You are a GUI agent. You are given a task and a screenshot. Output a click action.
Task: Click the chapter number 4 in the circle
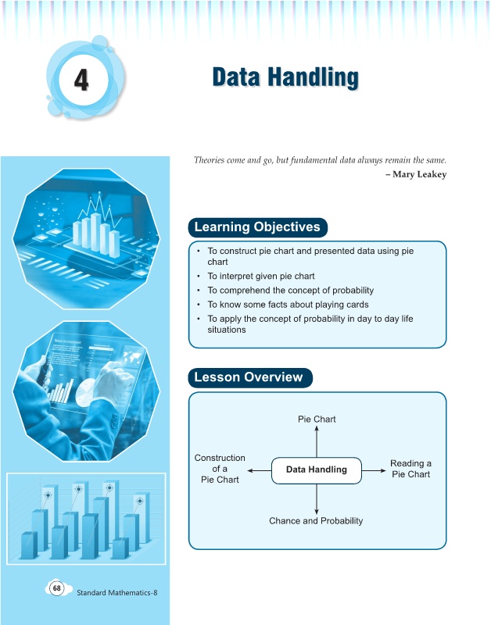pos(81,80)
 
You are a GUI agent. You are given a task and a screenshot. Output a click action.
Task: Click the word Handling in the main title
pos(313,77)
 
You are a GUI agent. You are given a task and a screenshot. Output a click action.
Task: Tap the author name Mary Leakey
pos(419,174)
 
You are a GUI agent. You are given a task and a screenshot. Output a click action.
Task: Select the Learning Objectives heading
pos(257,227)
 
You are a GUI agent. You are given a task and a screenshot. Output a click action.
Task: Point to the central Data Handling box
pos(317,470)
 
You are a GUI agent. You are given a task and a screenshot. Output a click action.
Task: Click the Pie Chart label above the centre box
pos(317,420)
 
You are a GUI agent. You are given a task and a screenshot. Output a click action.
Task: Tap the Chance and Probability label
pos(316,520)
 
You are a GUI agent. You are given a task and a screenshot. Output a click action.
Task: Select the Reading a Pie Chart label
pos(410,469)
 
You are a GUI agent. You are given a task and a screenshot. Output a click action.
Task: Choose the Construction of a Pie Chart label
pos(220,469)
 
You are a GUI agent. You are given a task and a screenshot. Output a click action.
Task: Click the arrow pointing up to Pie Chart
pos(317,441)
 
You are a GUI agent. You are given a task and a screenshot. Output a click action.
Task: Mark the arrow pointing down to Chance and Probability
pos(317,499)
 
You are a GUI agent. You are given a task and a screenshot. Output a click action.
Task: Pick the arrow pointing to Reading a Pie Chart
pos(374,471)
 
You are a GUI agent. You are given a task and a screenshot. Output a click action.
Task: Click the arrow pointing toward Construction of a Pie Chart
pos(260,471)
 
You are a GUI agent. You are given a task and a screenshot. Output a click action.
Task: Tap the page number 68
pos(57,588)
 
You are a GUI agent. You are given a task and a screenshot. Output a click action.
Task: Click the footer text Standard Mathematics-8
pos(116,593)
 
